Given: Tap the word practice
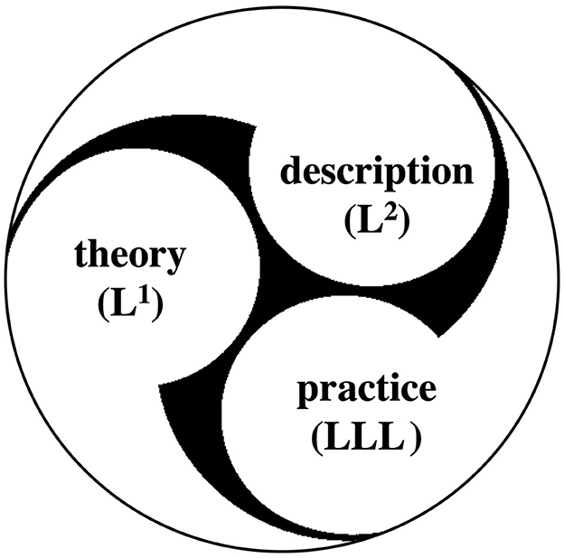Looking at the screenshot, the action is (366, 395).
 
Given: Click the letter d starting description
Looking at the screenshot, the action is (291, 171).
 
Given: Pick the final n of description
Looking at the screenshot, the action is (461, 172).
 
